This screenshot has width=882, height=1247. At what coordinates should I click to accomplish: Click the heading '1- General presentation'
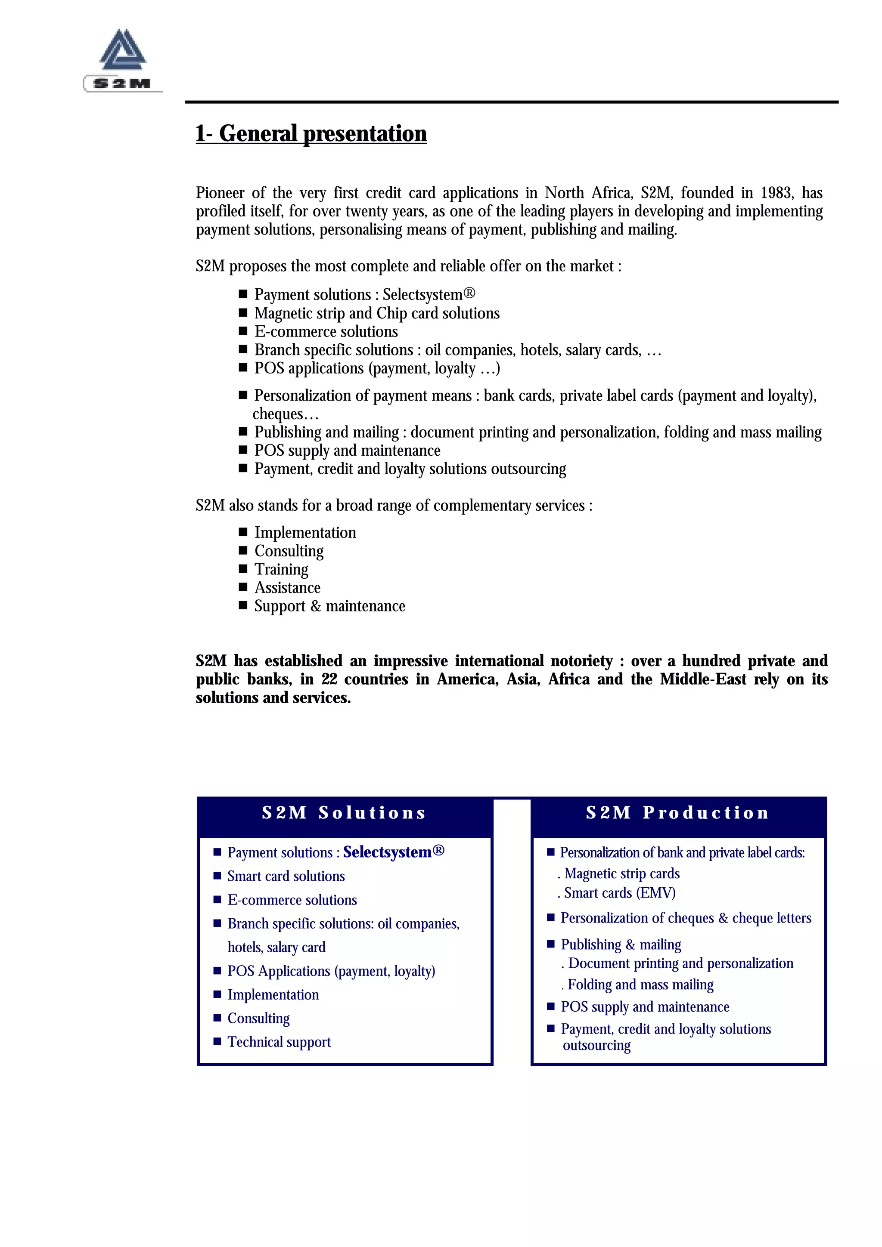(x=311, y=133)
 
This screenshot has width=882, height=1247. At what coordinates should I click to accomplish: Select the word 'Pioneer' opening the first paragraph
(x=220, y=193)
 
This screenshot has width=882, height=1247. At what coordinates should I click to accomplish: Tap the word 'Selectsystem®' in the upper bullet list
(x=429, y=294)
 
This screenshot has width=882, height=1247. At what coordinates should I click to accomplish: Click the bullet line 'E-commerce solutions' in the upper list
(x=326, y=331)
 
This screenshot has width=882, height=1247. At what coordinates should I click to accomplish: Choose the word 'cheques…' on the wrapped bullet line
(x=285, y=414)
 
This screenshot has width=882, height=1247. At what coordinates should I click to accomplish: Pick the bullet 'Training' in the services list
(x=282, y=569)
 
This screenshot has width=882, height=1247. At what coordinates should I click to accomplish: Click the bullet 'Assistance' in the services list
(x=288, y=588)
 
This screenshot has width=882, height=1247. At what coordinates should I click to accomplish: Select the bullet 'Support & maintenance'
(x=329, y=606)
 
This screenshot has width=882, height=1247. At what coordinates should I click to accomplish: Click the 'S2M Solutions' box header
(x=345, y=813)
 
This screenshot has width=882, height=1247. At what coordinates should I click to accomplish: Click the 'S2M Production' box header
(x=678, y=813)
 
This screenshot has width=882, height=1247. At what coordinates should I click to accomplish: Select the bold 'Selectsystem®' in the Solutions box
(x=394, y=852)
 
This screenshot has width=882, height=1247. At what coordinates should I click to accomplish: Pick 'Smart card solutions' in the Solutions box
(x=286, y=876)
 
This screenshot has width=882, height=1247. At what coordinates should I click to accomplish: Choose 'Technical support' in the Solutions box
(x=279, y=1042)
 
